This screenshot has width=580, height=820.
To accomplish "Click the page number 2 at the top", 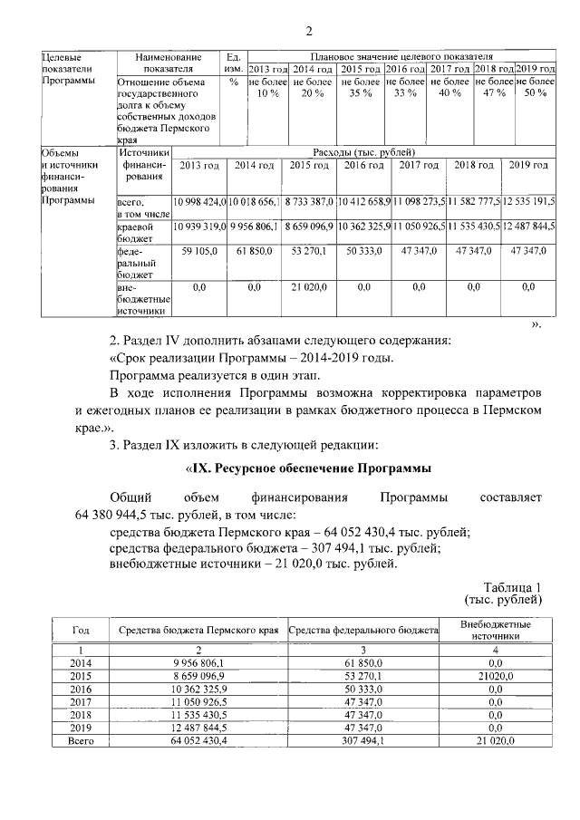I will click(308, 34).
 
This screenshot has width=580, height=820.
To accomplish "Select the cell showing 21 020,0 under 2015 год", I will click(308, 287).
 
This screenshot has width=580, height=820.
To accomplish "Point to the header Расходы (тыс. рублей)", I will click(362, 152).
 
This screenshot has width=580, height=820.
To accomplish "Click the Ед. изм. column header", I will click(233, 63).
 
